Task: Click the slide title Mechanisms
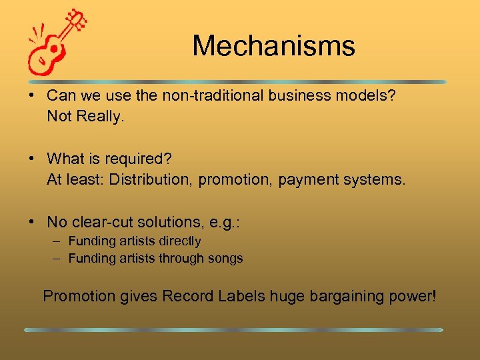[x=273, y=46]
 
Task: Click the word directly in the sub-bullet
[x=177, y=241]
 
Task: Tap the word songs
[x=225, y=258]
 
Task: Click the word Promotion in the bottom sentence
[x=79, y=296]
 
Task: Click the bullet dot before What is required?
[x=32, y=159]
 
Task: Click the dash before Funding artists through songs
[x=57, y=258]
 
